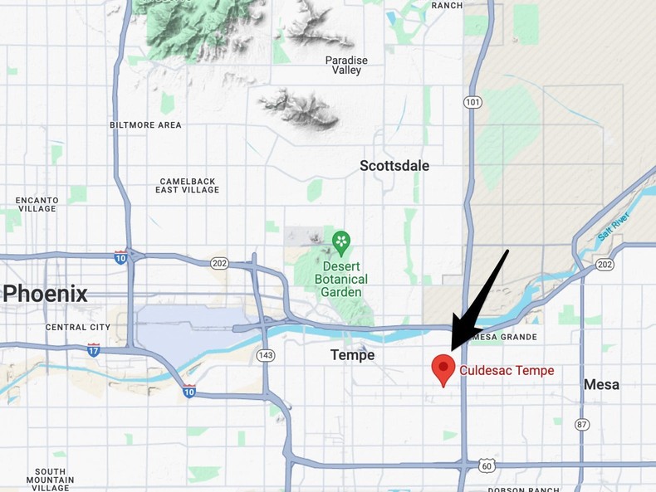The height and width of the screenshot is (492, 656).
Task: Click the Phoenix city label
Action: (x=44, y=293)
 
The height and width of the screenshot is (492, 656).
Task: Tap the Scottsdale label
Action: (x=394, y=166)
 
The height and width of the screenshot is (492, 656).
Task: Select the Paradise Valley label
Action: (x=347, y=66)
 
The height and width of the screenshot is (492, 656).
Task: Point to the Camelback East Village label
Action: (x=188, y=185)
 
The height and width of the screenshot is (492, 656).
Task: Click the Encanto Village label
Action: (x=37, y=205)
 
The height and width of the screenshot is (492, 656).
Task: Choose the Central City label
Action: (x=78, y=327)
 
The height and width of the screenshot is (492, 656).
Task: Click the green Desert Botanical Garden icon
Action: (x=341, y=241)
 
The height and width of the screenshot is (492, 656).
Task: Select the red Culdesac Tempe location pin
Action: (x=443, y=368)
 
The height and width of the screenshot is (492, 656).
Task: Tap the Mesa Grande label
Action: (x=503, y=337)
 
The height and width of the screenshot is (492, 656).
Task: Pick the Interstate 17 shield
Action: (x=94, y=350)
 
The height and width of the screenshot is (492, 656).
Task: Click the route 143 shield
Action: (x=265, y=355)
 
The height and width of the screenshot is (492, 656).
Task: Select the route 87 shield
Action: (x=582, y=424)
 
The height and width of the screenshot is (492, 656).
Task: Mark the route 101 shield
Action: (x=472, y=102)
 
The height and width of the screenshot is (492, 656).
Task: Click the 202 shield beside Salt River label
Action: (x=605, y=265)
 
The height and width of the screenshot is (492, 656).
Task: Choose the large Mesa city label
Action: (x=601, y=385)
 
